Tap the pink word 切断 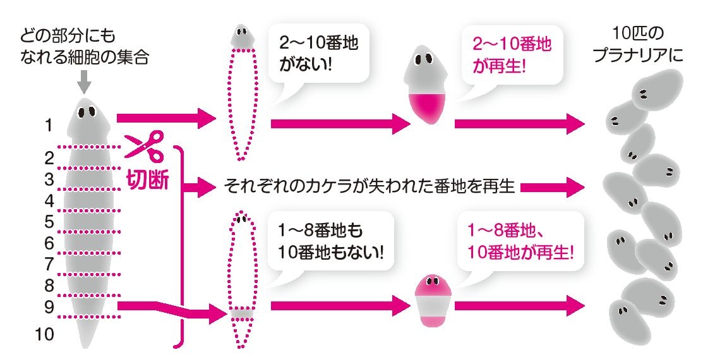tap(148, 181)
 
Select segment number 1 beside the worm tap(49, 126)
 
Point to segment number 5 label tap(49, 222)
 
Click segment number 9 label tap(49, 307)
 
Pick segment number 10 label tap(44, 334)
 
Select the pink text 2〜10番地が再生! tap(512, 55)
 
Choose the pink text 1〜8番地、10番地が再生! tap(520, 242)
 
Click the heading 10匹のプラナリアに tap(637, 45)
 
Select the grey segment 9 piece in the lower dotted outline tap(242, 313)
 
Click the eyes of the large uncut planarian tap(87, 111)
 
